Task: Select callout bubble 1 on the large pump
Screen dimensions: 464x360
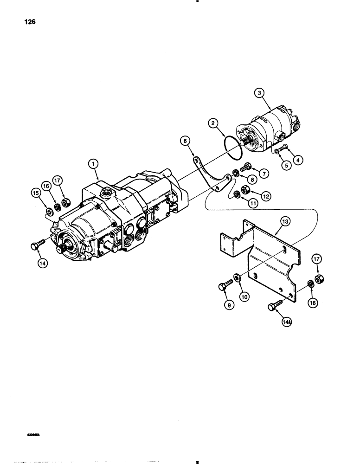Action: pos(94,163)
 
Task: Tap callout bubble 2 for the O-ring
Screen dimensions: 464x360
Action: pos(214,123)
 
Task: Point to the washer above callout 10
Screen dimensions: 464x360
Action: pos(238,278)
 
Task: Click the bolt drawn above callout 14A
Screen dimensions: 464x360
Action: pos(272,306)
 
